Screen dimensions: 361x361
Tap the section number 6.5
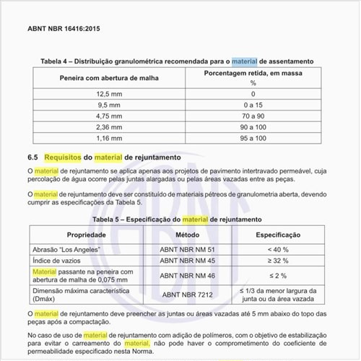pos(32,156)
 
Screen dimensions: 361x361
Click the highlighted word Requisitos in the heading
pos(63,156)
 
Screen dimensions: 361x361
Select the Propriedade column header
pos(87,235)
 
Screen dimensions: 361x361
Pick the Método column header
pos(187,235)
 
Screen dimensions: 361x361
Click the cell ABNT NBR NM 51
pos(187,249)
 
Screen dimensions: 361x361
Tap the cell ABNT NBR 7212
pos(187,294)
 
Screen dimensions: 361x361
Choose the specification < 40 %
pos(278,249)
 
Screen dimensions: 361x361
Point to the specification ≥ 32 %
pos(278,260)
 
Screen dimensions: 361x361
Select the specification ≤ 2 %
pos(278,276)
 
